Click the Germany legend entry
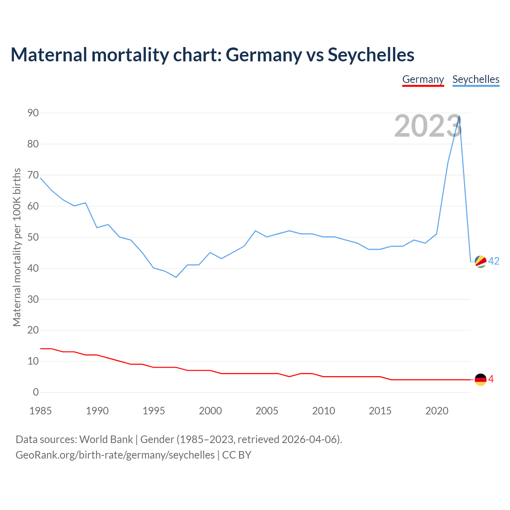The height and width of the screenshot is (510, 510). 423,79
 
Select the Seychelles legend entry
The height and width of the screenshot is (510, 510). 476,79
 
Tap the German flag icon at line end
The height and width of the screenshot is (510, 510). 481,380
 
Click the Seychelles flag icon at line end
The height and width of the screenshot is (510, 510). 481,262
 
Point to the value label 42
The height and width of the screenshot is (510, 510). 494,261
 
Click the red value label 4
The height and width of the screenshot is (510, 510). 491,379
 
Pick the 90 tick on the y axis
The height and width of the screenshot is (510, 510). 33,113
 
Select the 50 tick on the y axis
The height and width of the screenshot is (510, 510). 33,237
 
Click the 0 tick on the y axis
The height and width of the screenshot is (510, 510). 36,392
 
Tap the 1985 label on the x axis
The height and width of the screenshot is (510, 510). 41,411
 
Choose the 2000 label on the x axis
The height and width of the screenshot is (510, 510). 210,411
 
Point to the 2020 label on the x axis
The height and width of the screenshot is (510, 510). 437,411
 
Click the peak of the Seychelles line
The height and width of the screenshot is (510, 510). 459,116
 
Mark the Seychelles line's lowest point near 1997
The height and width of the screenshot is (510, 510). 176,277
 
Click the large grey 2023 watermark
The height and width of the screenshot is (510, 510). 428,126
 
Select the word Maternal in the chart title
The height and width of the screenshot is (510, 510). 49,55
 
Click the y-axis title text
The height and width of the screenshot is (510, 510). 17,247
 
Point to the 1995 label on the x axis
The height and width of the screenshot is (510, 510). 154,411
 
